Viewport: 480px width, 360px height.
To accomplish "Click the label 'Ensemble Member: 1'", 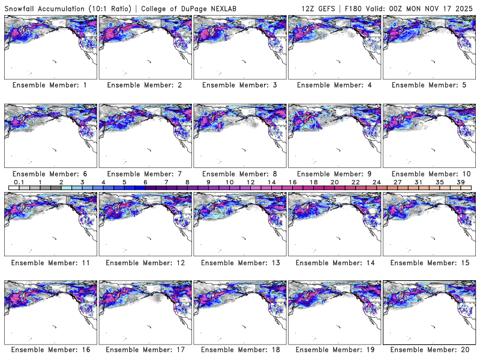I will point(50,85).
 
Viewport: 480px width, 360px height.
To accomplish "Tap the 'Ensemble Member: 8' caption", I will point(239,174).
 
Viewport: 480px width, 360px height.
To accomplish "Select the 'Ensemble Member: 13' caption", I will point(239,263).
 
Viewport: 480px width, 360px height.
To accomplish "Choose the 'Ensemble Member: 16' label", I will point(50,350).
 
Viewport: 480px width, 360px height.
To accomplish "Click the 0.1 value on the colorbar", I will point(19,182).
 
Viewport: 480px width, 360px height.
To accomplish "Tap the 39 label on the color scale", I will point(460,182).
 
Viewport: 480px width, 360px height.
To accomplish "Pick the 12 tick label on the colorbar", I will point(250,182).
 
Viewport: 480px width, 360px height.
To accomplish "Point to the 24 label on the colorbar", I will point(376,182).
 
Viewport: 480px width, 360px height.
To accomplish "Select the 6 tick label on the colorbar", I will point(145,182).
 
